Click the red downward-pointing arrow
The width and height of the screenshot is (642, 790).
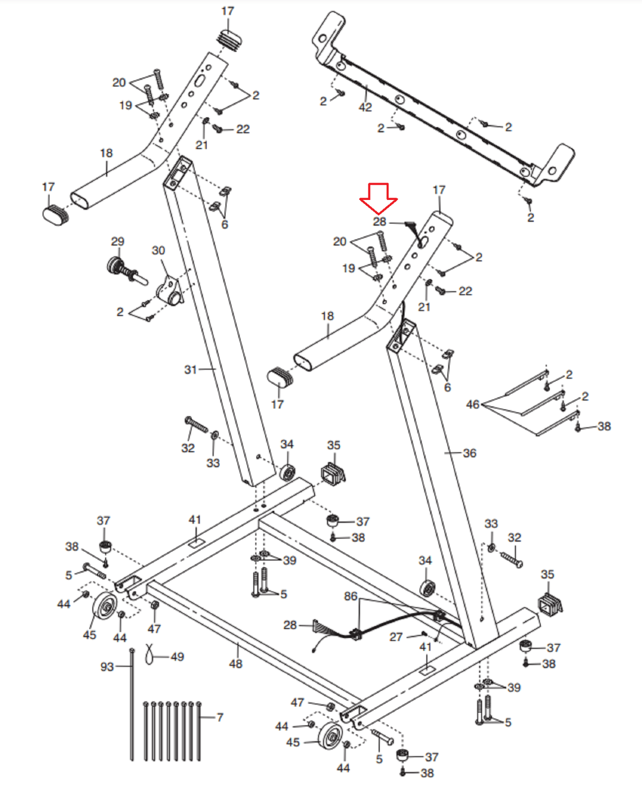(378, 198)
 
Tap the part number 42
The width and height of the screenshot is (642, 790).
(365, 107)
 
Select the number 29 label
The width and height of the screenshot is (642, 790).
(118, 241)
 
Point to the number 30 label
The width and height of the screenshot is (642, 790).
(159, 250)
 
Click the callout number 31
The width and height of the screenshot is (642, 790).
(191, 369)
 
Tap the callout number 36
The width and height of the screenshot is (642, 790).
(470, 453)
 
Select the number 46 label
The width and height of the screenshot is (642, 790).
(473, 404)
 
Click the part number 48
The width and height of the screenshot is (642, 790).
(236, 664)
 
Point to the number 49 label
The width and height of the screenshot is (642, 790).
(177, 657)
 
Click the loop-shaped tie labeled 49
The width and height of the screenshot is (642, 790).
(149, 655)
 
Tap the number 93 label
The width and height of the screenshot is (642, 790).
(107, 667)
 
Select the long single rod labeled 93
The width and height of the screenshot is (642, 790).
(132, 704)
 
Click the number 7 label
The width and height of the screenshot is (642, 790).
(220, 717)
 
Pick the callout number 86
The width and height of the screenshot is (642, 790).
(351, 596)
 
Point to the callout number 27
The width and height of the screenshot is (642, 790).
(396, 637)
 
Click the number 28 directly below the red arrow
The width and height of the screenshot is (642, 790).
(379, 222)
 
